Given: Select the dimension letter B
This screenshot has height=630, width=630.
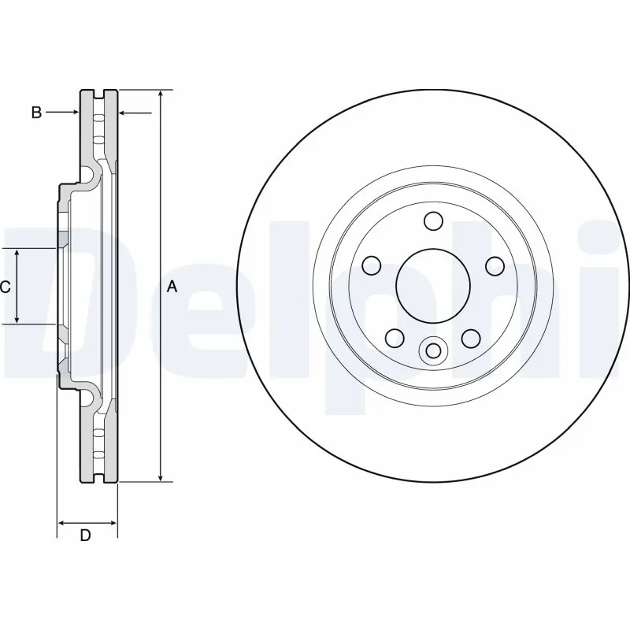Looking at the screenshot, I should [x=35, y=113].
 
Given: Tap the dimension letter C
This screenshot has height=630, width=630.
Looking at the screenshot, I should [x=5, y=287].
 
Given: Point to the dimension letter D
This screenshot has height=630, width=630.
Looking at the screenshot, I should [x=86, y=536].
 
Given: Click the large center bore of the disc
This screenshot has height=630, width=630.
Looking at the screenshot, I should [x=432, y=286].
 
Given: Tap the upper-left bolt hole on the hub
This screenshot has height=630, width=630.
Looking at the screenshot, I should [x=372, y=265].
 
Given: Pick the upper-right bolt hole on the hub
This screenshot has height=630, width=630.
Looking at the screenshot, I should [x=494, y=265].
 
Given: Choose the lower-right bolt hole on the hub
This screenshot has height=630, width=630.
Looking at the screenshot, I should [x=471, y=339].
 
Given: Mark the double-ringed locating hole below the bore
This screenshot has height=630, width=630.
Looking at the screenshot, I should [x=432, y=350].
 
